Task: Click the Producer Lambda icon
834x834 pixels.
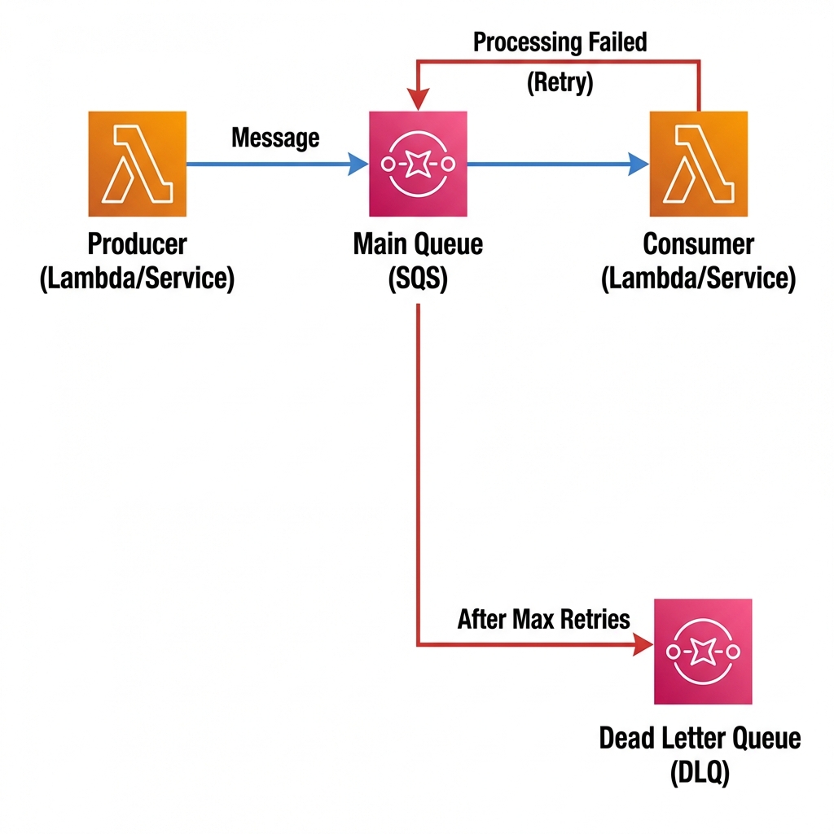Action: (137, 164)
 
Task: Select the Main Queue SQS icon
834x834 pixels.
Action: (418, 164)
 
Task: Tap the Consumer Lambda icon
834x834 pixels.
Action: (698, 164)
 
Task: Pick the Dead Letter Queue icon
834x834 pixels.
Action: (703, 652)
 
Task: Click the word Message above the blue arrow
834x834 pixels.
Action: (275, 138)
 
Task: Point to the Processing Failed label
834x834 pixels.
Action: (560, 42)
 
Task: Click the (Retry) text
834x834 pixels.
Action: (560, 82)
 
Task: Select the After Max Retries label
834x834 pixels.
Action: (543, 619)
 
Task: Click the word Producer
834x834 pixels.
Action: (137, 244)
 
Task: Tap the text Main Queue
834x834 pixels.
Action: (418, 244)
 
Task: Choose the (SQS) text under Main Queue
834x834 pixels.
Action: (418, 279)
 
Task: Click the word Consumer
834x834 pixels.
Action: (698, 244)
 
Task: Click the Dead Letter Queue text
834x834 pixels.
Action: (700, 738)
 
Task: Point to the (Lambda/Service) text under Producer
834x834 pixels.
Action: (137, 279)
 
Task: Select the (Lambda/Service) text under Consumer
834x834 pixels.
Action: (698, 279)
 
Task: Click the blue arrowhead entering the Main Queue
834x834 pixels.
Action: (358, 165)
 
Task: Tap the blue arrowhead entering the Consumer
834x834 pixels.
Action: (639, 165)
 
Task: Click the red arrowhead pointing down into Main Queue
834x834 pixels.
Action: (418, 99)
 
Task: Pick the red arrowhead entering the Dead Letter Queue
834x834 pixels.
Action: (643, 646)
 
